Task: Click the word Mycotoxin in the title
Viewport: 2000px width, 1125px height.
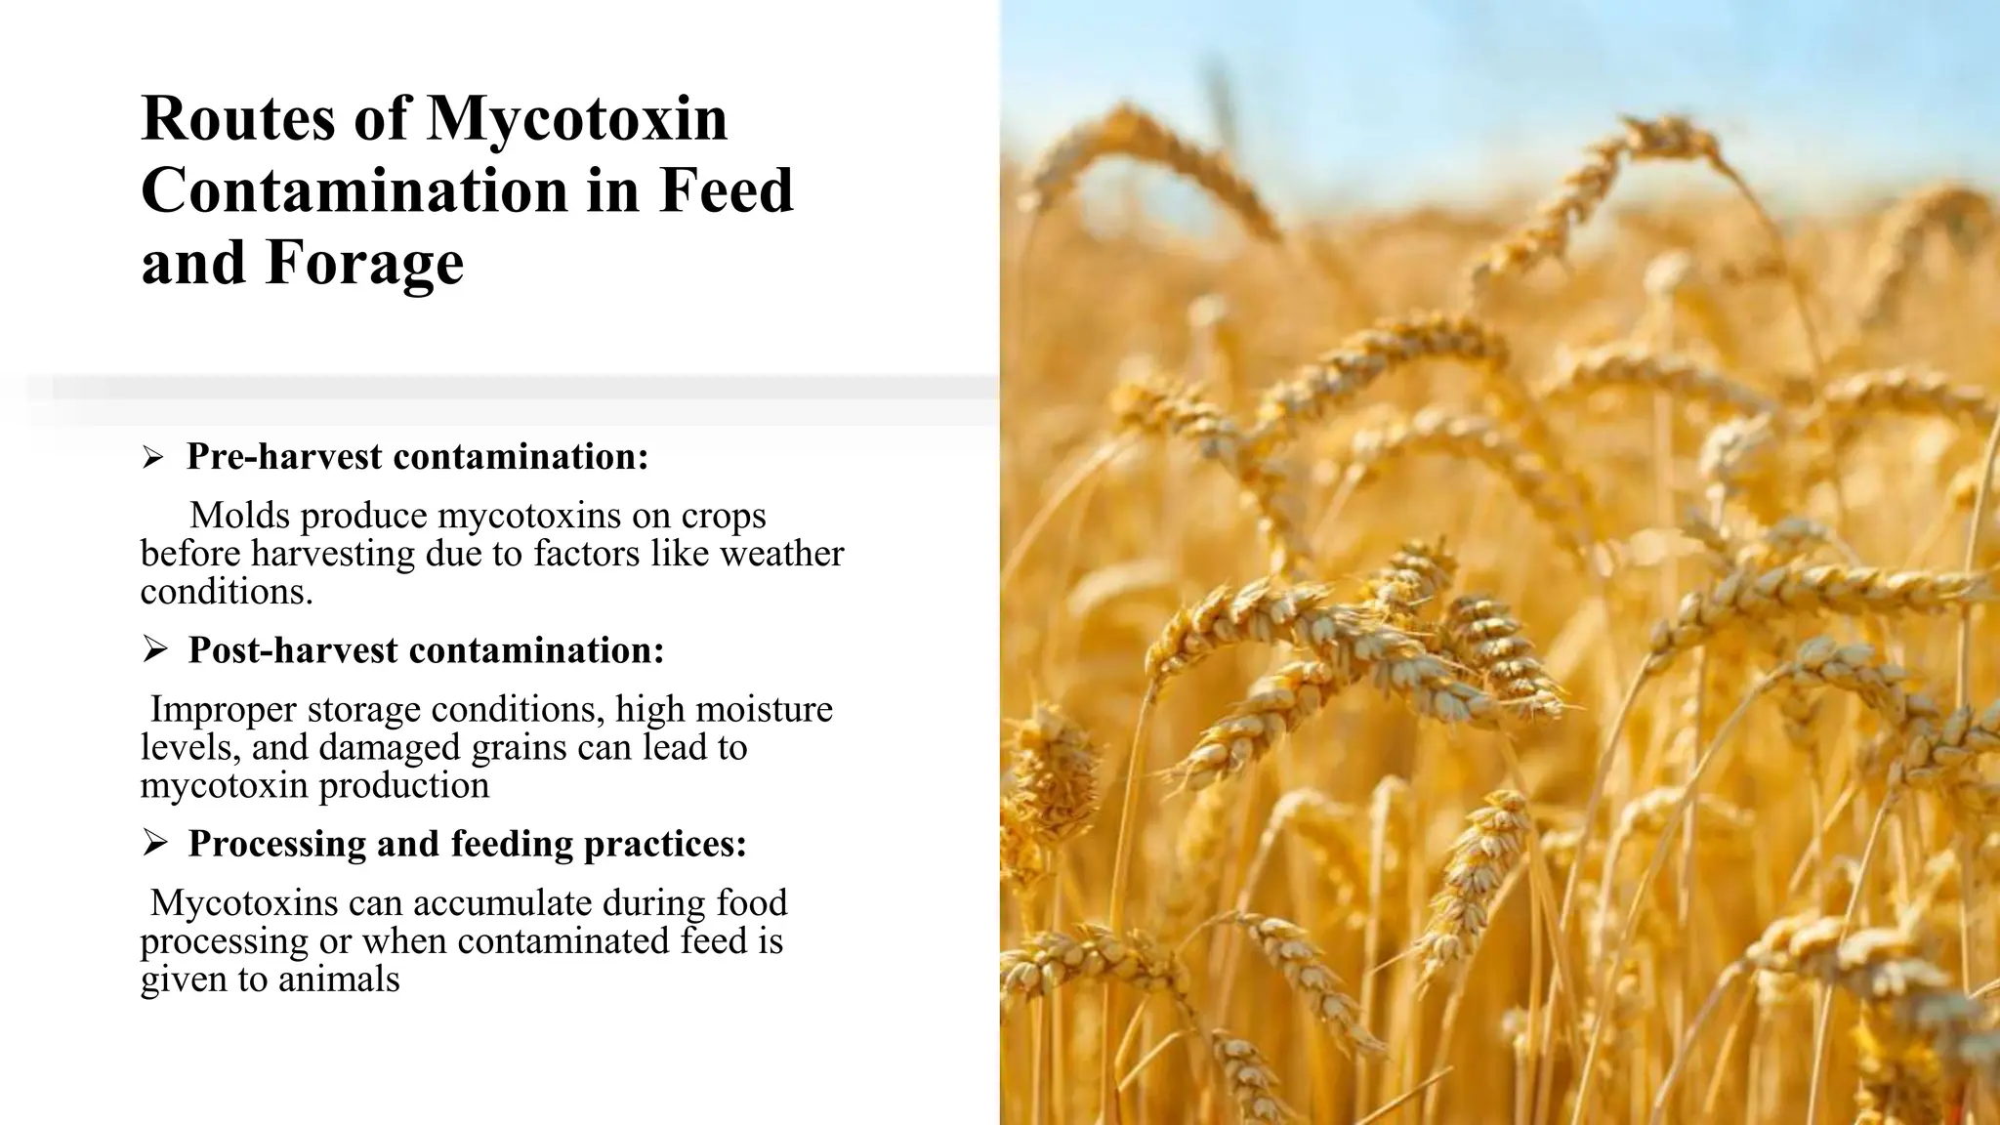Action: (x=577, y=119)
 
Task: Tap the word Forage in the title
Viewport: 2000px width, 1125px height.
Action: (x=364, y=264)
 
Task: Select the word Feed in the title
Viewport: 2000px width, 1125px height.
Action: (x=726, y=191)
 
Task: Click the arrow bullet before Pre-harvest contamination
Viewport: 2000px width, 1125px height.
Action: (x=152, y=457)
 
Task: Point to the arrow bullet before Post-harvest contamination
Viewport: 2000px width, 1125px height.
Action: (x=154, y=649)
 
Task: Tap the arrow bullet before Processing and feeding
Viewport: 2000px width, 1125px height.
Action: (x=154, y=843)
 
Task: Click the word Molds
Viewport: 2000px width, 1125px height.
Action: (x=238, y=516)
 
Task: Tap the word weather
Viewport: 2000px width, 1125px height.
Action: (x=781, y=554)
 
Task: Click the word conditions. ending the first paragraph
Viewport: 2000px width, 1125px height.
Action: (x=227, y=592)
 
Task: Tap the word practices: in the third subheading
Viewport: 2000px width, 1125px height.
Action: (x=664, y=844)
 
